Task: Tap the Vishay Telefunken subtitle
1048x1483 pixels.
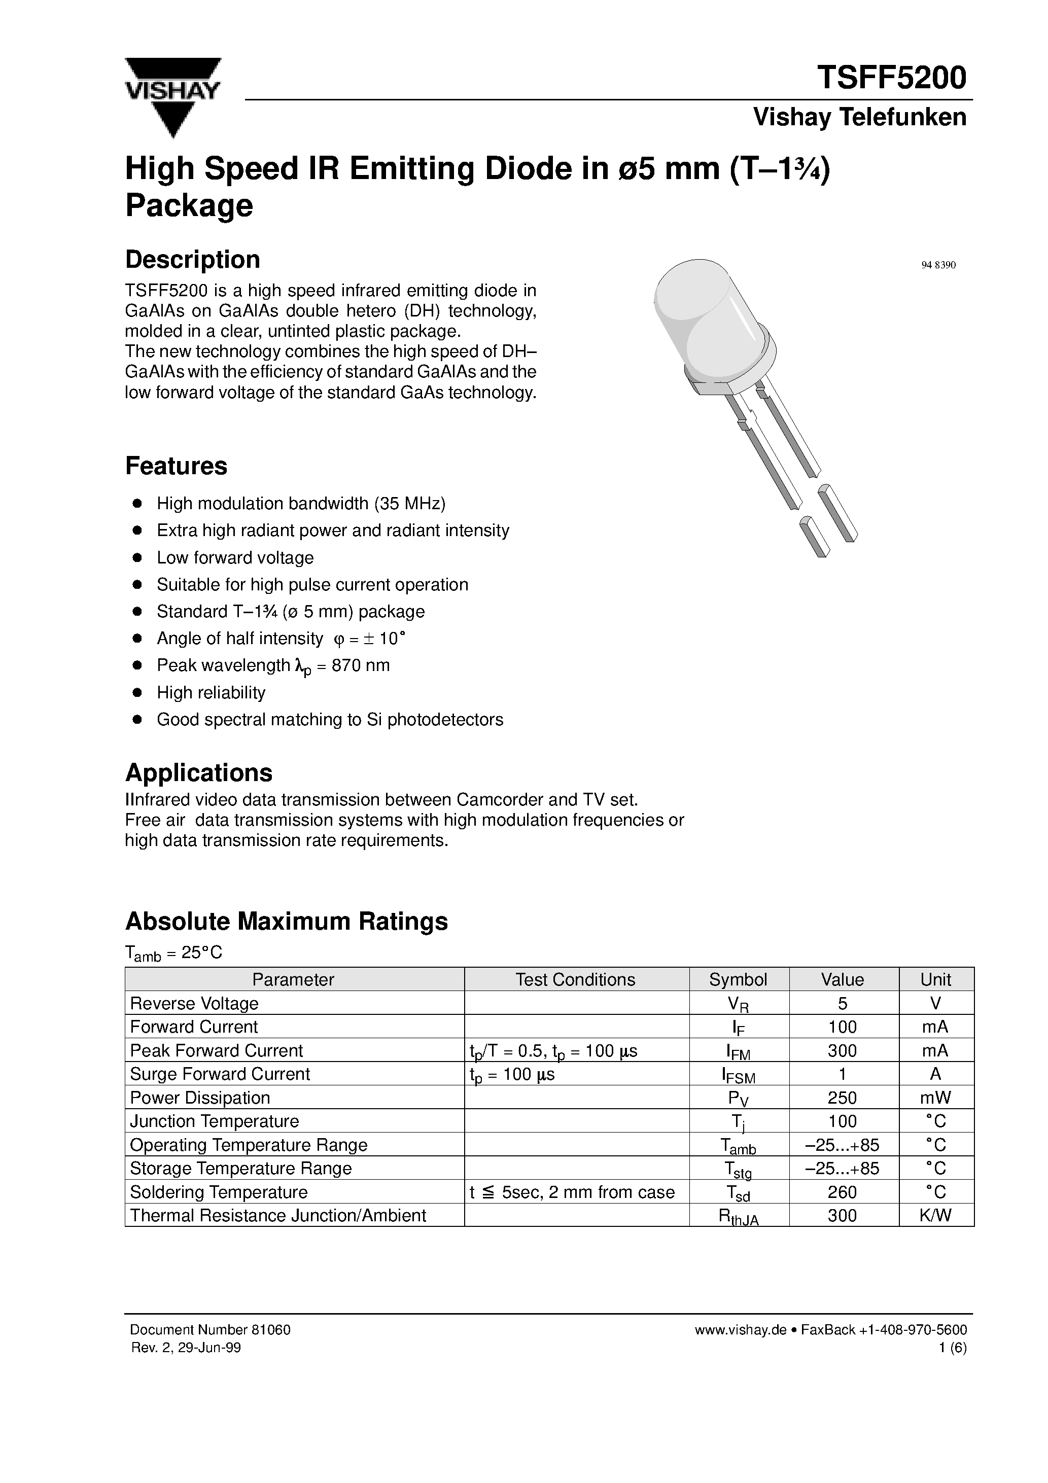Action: tap(859, 118)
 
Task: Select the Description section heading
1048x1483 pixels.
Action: tap(193, 260)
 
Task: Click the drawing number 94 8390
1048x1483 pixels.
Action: tap(937, 265)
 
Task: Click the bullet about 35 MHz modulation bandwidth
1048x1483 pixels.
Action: tap(301, 503)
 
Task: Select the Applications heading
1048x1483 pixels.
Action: tap(199, 772)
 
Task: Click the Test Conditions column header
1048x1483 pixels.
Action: tap(575, 980)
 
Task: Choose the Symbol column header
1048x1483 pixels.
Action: tap(738, 980)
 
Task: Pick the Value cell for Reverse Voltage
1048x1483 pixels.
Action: tap(842, 1004)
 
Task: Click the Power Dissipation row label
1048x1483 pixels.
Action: tap(200, 1098)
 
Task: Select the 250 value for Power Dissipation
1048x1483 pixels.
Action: tap(842, 1098)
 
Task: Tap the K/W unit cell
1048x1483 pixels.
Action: tap(935, 1216)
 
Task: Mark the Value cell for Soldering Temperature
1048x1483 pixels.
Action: tap(842, 1192)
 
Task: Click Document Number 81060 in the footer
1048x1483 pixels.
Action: tap(210, 1330)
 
